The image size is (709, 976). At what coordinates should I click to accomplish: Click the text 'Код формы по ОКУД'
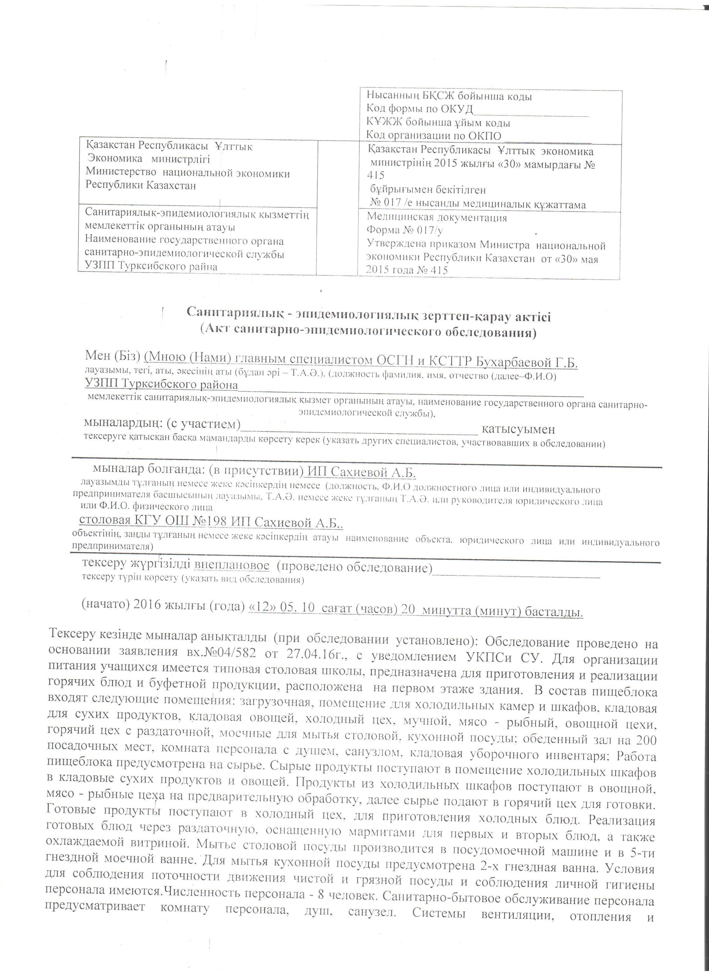click(x=419, y=109)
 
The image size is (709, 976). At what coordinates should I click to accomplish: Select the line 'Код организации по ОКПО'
click(x=433, y=135)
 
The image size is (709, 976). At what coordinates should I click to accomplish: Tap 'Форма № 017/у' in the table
click(x=404, y=231)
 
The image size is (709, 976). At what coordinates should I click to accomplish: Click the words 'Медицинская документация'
click(x=437, y=218)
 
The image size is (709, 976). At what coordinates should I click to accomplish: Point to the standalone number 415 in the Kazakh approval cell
click(x=376, y=176)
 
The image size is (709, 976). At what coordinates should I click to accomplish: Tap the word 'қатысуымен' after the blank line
click(x=518, y=429)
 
